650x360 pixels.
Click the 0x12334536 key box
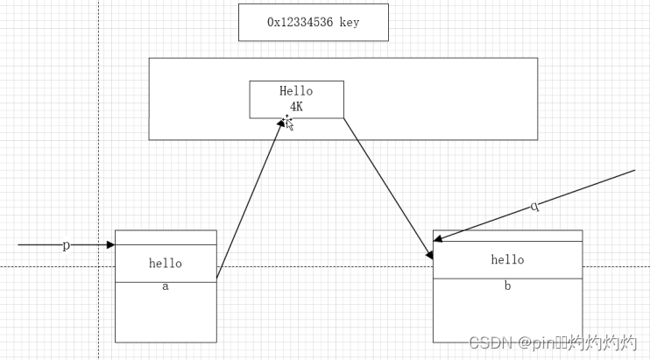tap(313, 23)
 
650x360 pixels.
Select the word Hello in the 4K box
tap(296, 91)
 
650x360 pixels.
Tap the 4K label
tap(296, 106)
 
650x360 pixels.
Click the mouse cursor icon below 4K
tap(288, 123)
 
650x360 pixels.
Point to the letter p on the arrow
tap(66, 245)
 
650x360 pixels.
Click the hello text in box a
tap(166, 263)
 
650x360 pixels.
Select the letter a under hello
tap(166, 286)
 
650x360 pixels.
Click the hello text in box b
tap(507, 259)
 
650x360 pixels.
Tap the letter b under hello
tap(507, 286)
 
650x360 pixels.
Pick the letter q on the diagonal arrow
tap(534, 207)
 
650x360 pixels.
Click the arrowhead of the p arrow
tap(110, 245)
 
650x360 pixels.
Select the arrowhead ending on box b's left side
tap(429, 254)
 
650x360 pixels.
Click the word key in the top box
tap(349, 23)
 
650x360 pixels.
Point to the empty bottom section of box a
tap(166, 315)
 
